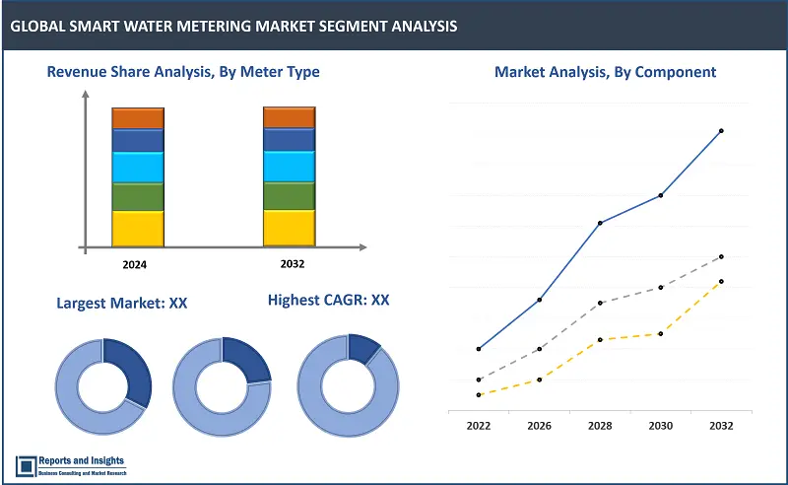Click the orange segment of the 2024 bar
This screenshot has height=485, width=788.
pos(137,118)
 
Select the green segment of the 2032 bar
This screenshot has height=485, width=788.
pos(289,195)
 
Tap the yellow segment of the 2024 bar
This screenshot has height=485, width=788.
pos(137,228)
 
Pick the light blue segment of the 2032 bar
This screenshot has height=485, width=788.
pos(289,167)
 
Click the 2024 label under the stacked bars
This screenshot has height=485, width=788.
pos(136,264)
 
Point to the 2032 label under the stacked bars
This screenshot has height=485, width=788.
pos(289,264)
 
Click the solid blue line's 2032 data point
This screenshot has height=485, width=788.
pos(721,130)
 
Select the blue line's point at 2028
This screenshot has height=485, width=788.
pos(600,223)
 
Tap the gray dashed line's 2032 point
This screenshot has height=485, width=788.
pos(721,256)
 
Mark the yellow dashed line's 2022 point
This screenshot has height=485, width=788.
pos(479,394)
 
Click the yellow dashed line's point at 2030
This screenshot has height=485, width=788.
pos(660,333)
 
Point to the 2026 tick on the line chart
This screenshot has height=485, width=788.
pos(539,426)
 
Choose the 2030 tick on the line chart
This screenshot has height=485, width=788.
pos(660,426)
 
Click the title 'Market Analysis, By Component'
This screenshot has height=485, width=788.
pos(605,72)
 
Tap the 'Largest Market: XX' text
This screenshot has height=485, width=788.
pos(122,303)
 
